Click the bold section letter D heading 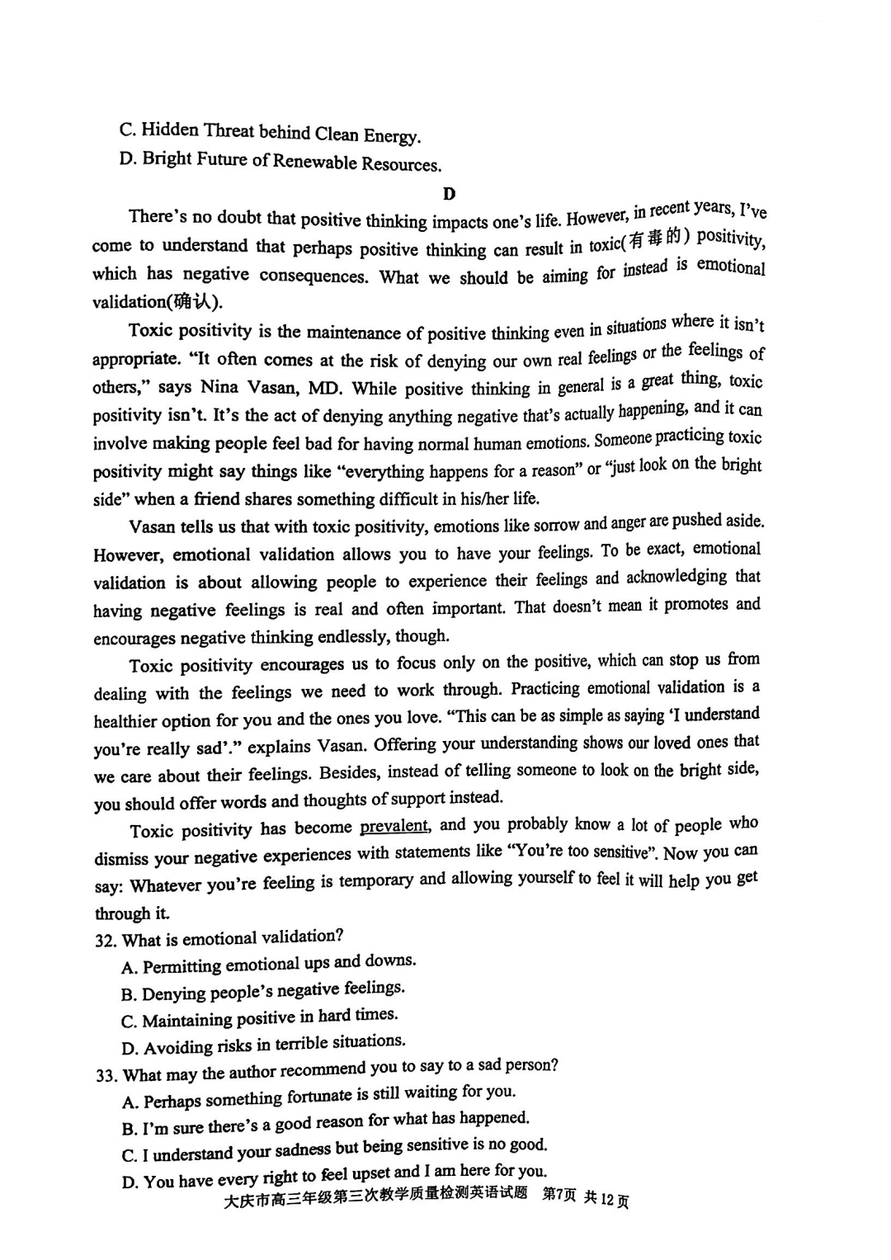coord(449,194)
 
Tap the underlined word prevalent coord(394,826)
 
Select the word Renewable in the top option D coord(314,161)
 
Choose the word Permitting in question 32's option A coord(181,966)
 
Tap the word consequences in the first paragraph coord(313,276)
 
